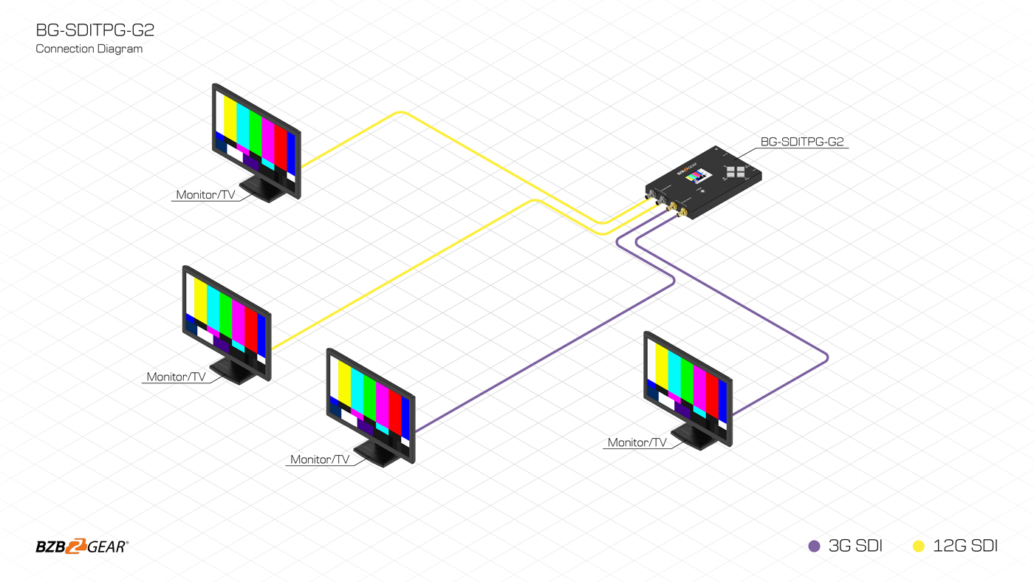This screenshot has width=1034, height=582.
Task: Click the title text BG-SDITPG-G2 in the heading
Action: [x=95, y=30]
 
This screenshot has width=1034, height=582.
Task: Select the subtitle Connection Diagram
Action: [x=89, y=49]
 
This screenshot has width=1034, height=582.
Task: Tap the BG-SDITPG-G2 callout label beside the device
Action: [x=801, y=142]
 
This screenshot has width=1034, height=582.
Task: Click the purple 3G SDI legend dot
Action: [x=814, y=547]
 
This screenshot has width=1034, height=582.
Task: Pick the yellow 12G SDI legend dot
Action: [x=919, y=547]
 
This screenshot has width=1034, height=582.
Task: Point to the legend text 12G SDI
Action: [x=965, y=547]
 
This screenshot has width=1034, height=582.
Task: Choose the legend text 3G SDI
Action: [x=855, y=547]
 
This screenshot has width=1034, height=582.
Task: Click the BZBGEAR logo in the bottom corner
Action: [x=81, y=547]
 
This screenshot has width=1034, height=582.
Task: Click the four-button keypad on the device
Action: [x=736, y=171]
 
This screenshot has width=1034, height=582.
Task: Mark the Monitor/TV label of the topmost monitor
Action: [x=205, y=195]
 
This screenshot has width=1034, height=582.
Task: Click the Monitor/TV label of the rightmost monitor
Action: [x=637, y=443]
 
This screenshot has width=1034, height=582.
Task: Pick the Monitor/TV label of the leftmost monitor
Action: [x=176, y=377]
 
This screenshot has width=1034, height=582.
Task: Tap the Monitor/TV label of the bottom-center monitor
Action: [x=319, y=459]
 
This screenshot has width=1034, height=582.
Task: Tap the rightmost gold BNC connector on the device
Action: [x=682, y=213]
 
